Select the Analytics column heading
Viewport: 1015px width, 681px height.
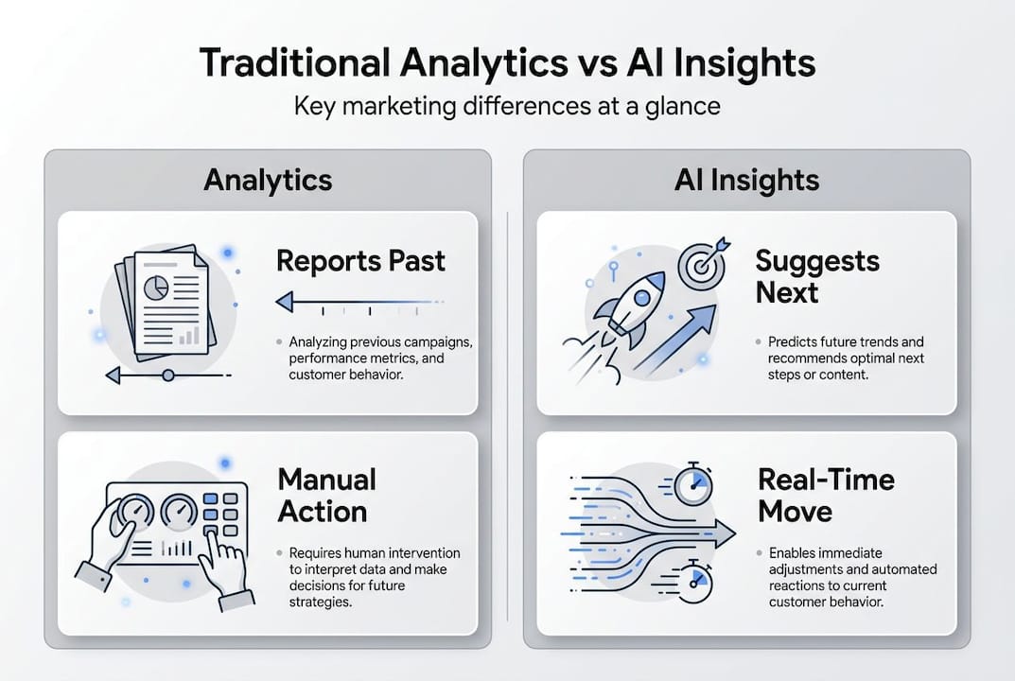268,180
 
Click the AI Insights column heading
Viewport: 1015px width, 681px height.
746,180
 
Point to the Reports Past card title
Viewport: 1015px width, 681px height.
360,261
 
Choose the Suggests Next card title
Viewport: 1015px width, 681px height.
816,276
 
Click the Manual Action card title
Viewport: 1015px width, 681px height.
326,495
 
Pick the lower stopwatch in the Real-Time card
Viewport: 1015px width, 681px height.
695,582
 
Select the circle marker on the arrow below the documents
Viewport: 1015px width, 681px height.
167,375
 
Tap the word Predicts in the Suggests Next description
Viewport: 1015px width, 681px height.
792,341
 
